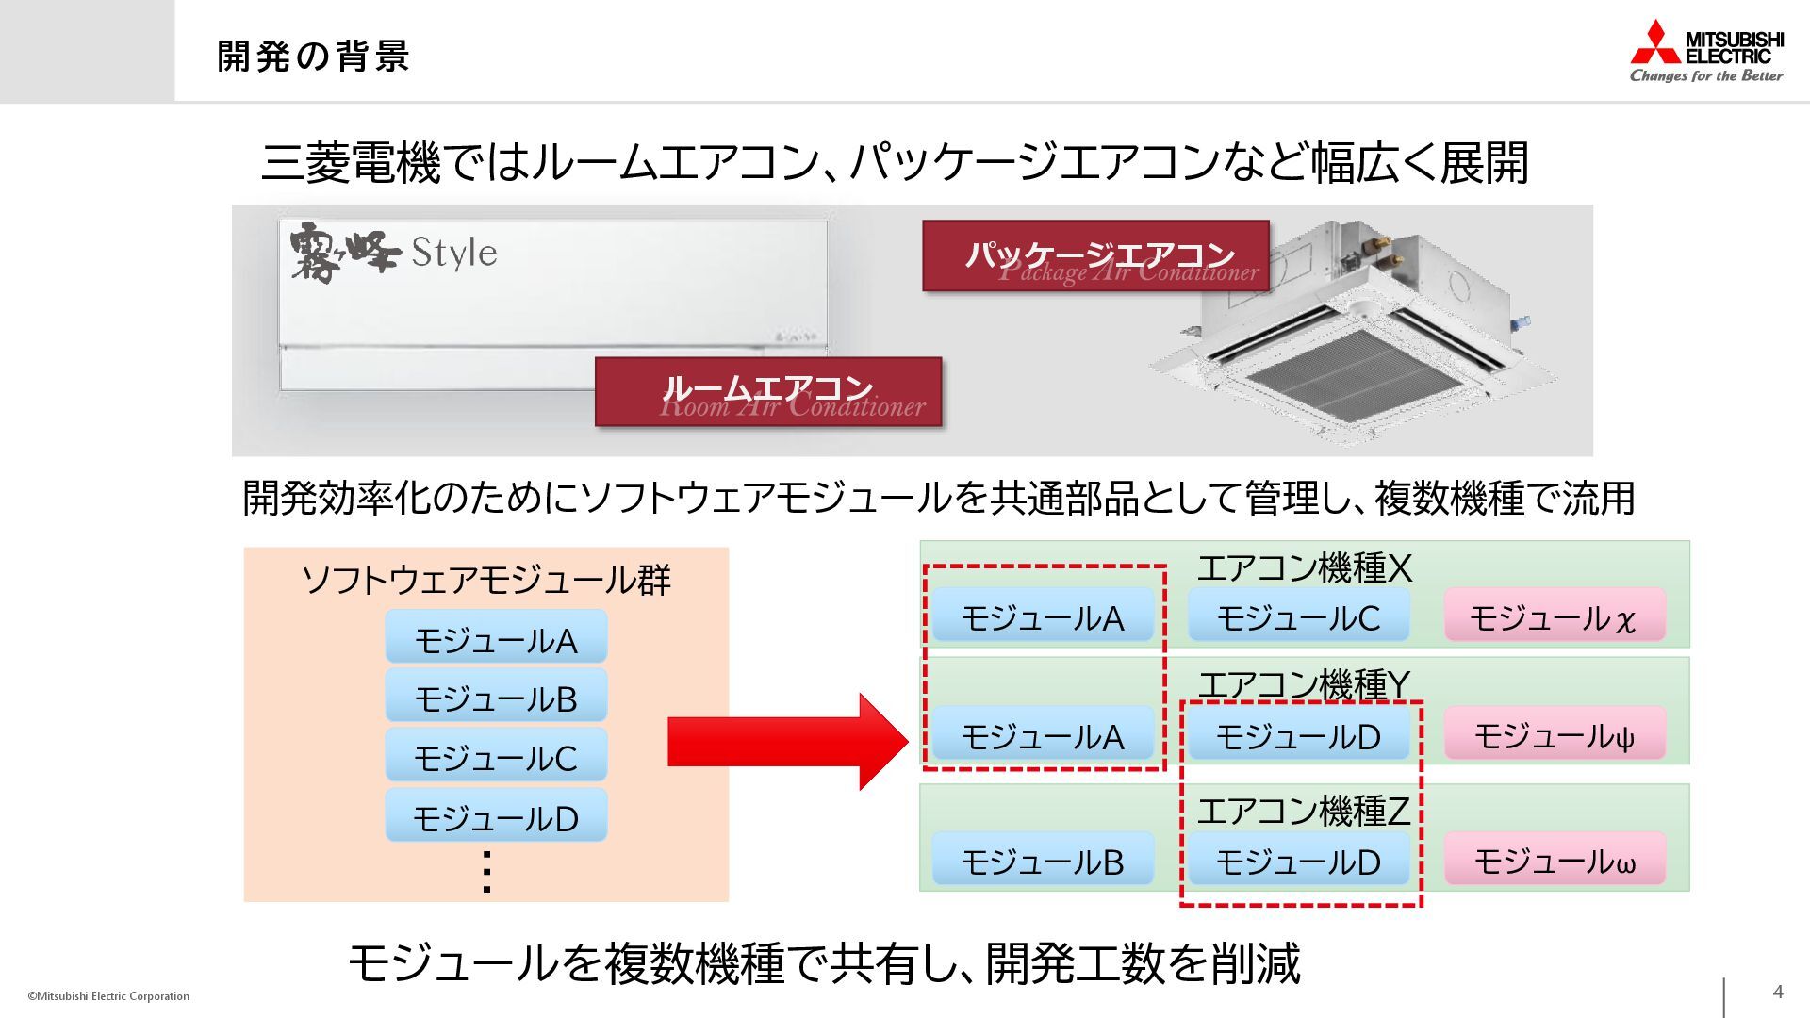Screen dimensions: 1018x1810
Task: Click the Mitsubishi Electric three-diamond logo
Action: (1656, 42)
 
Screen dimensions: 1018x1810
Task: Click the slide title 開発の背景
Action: (313, 56)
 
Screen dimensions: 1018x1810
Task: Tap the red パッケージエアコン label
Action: (1095, 256)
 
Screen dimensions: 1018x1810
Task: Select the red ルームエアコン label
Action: (767, 391)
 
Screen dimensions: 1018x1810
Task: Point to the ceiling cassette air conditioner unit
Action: (1349, 324)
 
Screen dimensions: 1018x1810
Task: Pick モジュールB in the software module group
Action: (496, 698)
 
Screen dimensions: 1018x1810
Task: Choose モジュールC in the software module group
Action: (496, 757)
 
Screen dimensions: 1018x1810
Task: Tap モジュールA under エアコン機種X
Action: (1043, 617)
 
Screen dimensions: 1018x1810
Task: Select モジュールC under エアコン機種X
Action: (1298, 617)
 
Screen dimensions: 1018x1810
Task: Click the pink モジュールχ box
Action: (1554, 617)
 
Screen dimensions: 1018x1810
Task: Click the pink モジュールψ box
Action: (1554, 735)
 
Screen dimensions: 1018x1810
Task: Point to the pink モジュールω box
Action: (1554, 861)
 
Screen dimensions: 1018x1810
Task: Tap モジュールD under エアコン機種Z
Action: (1298, 861)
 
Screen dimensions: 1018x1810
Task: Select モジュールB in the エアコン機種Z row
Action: (1043, 861)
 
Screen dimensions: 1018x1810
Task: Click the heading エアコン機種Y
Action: (1304, 684)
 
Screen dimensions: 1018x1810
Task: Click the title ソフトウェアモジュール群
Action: (485, 580)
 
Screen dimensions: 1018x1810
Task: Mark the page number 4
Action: (1778, 992)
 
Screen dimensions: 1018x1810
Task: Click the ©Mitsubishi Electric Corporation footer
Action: (108, 996)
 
